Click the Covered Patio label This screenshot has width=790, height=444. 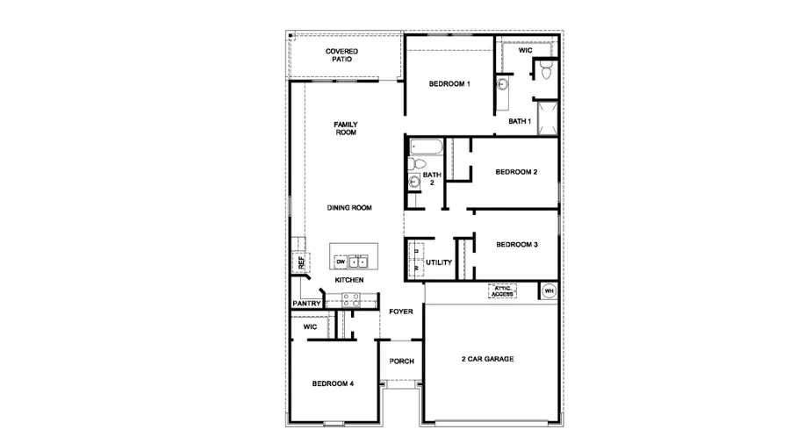pyautogui.click(x=342, y=54)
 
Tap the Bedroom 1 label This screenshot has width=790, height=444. pyautogui.click(x=449, y=84)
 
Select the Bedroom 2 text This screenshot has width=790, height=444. pyautogui.click(x=515, y=172)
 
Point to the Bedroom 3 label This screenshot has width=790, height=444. pyautogui.click(x=516, y=245)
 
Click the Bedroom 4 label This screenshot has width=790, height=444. pyautogui.click(x=333, y=383)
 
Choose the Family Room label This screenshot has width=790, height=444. pyautogui.click(x=345, y=128)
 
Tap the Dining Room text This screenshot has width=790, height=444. pyautogui.click(x=350, y=208)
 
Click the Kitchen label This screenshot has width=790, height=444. pyautogui.click(x=348, y=280)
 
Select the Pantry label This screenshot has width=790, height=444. pyautogui.click(x=306, y=304)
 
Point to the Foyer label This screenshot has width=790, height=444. pyautogui.click(x=401, y=312)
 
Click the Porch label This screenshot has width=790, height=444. pyautogui.click(x=401, y=361)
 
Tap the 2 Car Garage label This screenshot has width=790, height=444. pyautogui.click(x=487, y=359)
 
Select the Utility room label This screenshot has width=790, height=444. pyautogui.click(x=438, y=262)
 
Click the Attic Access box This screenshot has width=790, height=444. pyautogui.click(x=502, y=290)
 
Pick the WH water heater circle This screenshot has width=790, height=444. pyautogui.click(x=549, y=290)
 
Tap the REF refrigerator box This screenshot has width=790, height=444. pyautogui.click(x=300, y=261)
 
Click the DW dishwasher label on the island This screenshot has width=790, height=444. pyautogui.click(x=340, y=261)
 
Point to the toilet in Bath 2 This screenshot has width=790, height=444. pyautogui.click(x=418, y=164)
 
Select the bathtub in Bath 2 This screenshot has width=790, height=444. pyautogui.click(x=426, y=147)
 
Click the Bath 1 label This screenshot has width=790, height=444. pyautogui.click(x=520, y=121)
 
